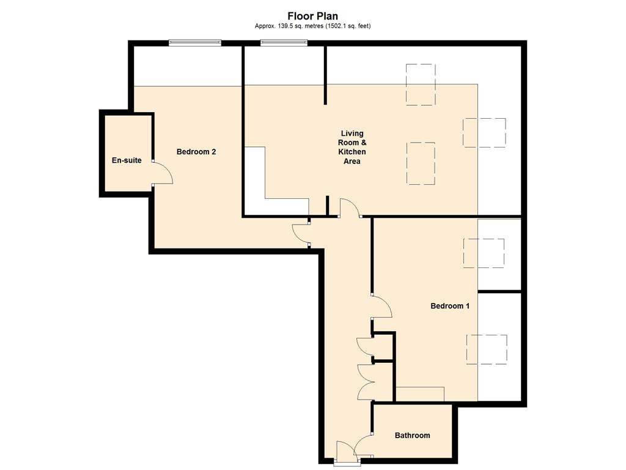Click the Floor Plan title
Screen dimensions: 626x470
pos(312,16)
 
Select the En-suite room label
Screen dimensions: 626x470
pos(127,160)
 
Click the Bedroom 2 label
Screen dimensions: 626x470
pos(196,152)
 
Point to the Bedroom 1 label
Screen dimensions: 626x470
pos(450,306)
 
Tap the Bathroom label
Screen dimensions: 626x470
pos(413,436)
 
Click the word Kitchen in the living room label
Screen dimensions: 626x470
pos(352,152)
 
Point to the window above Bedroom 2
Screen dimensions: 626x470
pos(195,42)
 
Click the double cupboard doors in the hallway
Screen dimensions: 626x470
pos(366,382)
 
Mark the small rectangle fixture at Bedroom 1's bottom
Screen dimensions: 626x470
pos(420,394)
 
